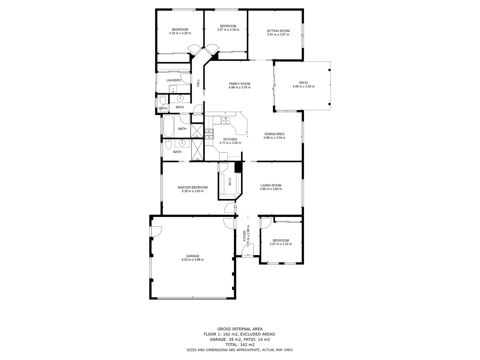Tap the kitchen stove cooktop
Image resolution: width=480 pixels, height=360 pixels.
point(209,134)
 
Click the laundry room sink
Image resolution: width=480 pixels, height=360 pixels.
point(173,89)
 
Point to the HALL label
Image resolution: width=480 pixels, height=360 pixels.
point(198,83)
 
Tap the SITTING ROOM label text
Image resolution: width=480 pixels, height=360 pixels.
point(278,31)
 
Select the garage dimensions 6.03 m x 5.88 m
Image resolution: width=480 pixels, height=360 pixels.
point(192,260)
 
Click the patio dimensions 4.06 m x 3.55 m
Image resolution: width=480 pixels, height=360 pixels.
point(303,86)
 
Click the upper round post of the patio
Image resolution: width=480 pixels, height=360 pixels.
point(329,70)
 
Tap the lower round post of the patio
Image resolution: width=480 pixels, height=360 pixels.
point(329,104)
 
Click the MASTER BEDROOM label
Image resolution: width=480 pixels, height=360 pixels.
point(192,187)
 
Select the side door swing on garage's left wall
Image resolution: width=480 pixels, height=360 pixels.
point(156,231)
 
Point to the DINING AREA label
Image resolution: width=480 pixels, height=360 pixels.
point(274,134)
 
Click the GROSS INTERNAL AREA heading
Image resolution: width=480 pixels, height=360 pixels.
point(240,329)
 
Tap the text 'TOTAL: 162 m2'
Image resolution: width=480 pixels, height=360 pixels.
point(240,345)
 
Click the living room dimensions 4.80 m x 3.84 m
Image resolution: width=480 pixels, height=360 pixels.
point(271,189)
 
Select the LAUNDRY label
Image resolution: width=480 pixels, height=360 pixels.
point(174,80)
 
